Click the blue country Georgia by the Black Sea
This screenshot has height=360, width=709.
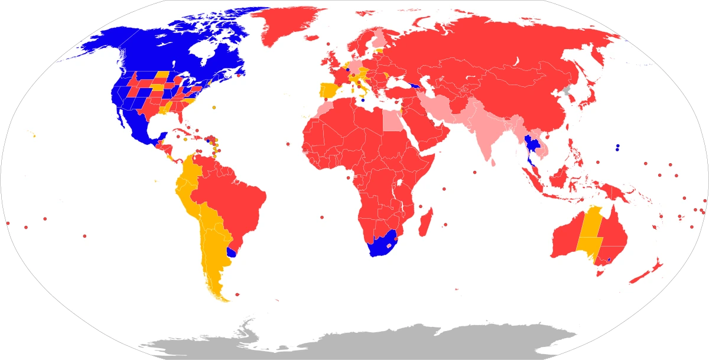click(417, 86)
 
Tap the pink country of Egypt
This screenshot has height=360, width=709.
click(392, 121)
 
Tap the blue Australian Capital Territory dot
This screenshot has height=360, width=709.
click(609, 260)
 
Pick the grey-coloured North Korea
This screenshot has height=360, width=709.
click(568, 92)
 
